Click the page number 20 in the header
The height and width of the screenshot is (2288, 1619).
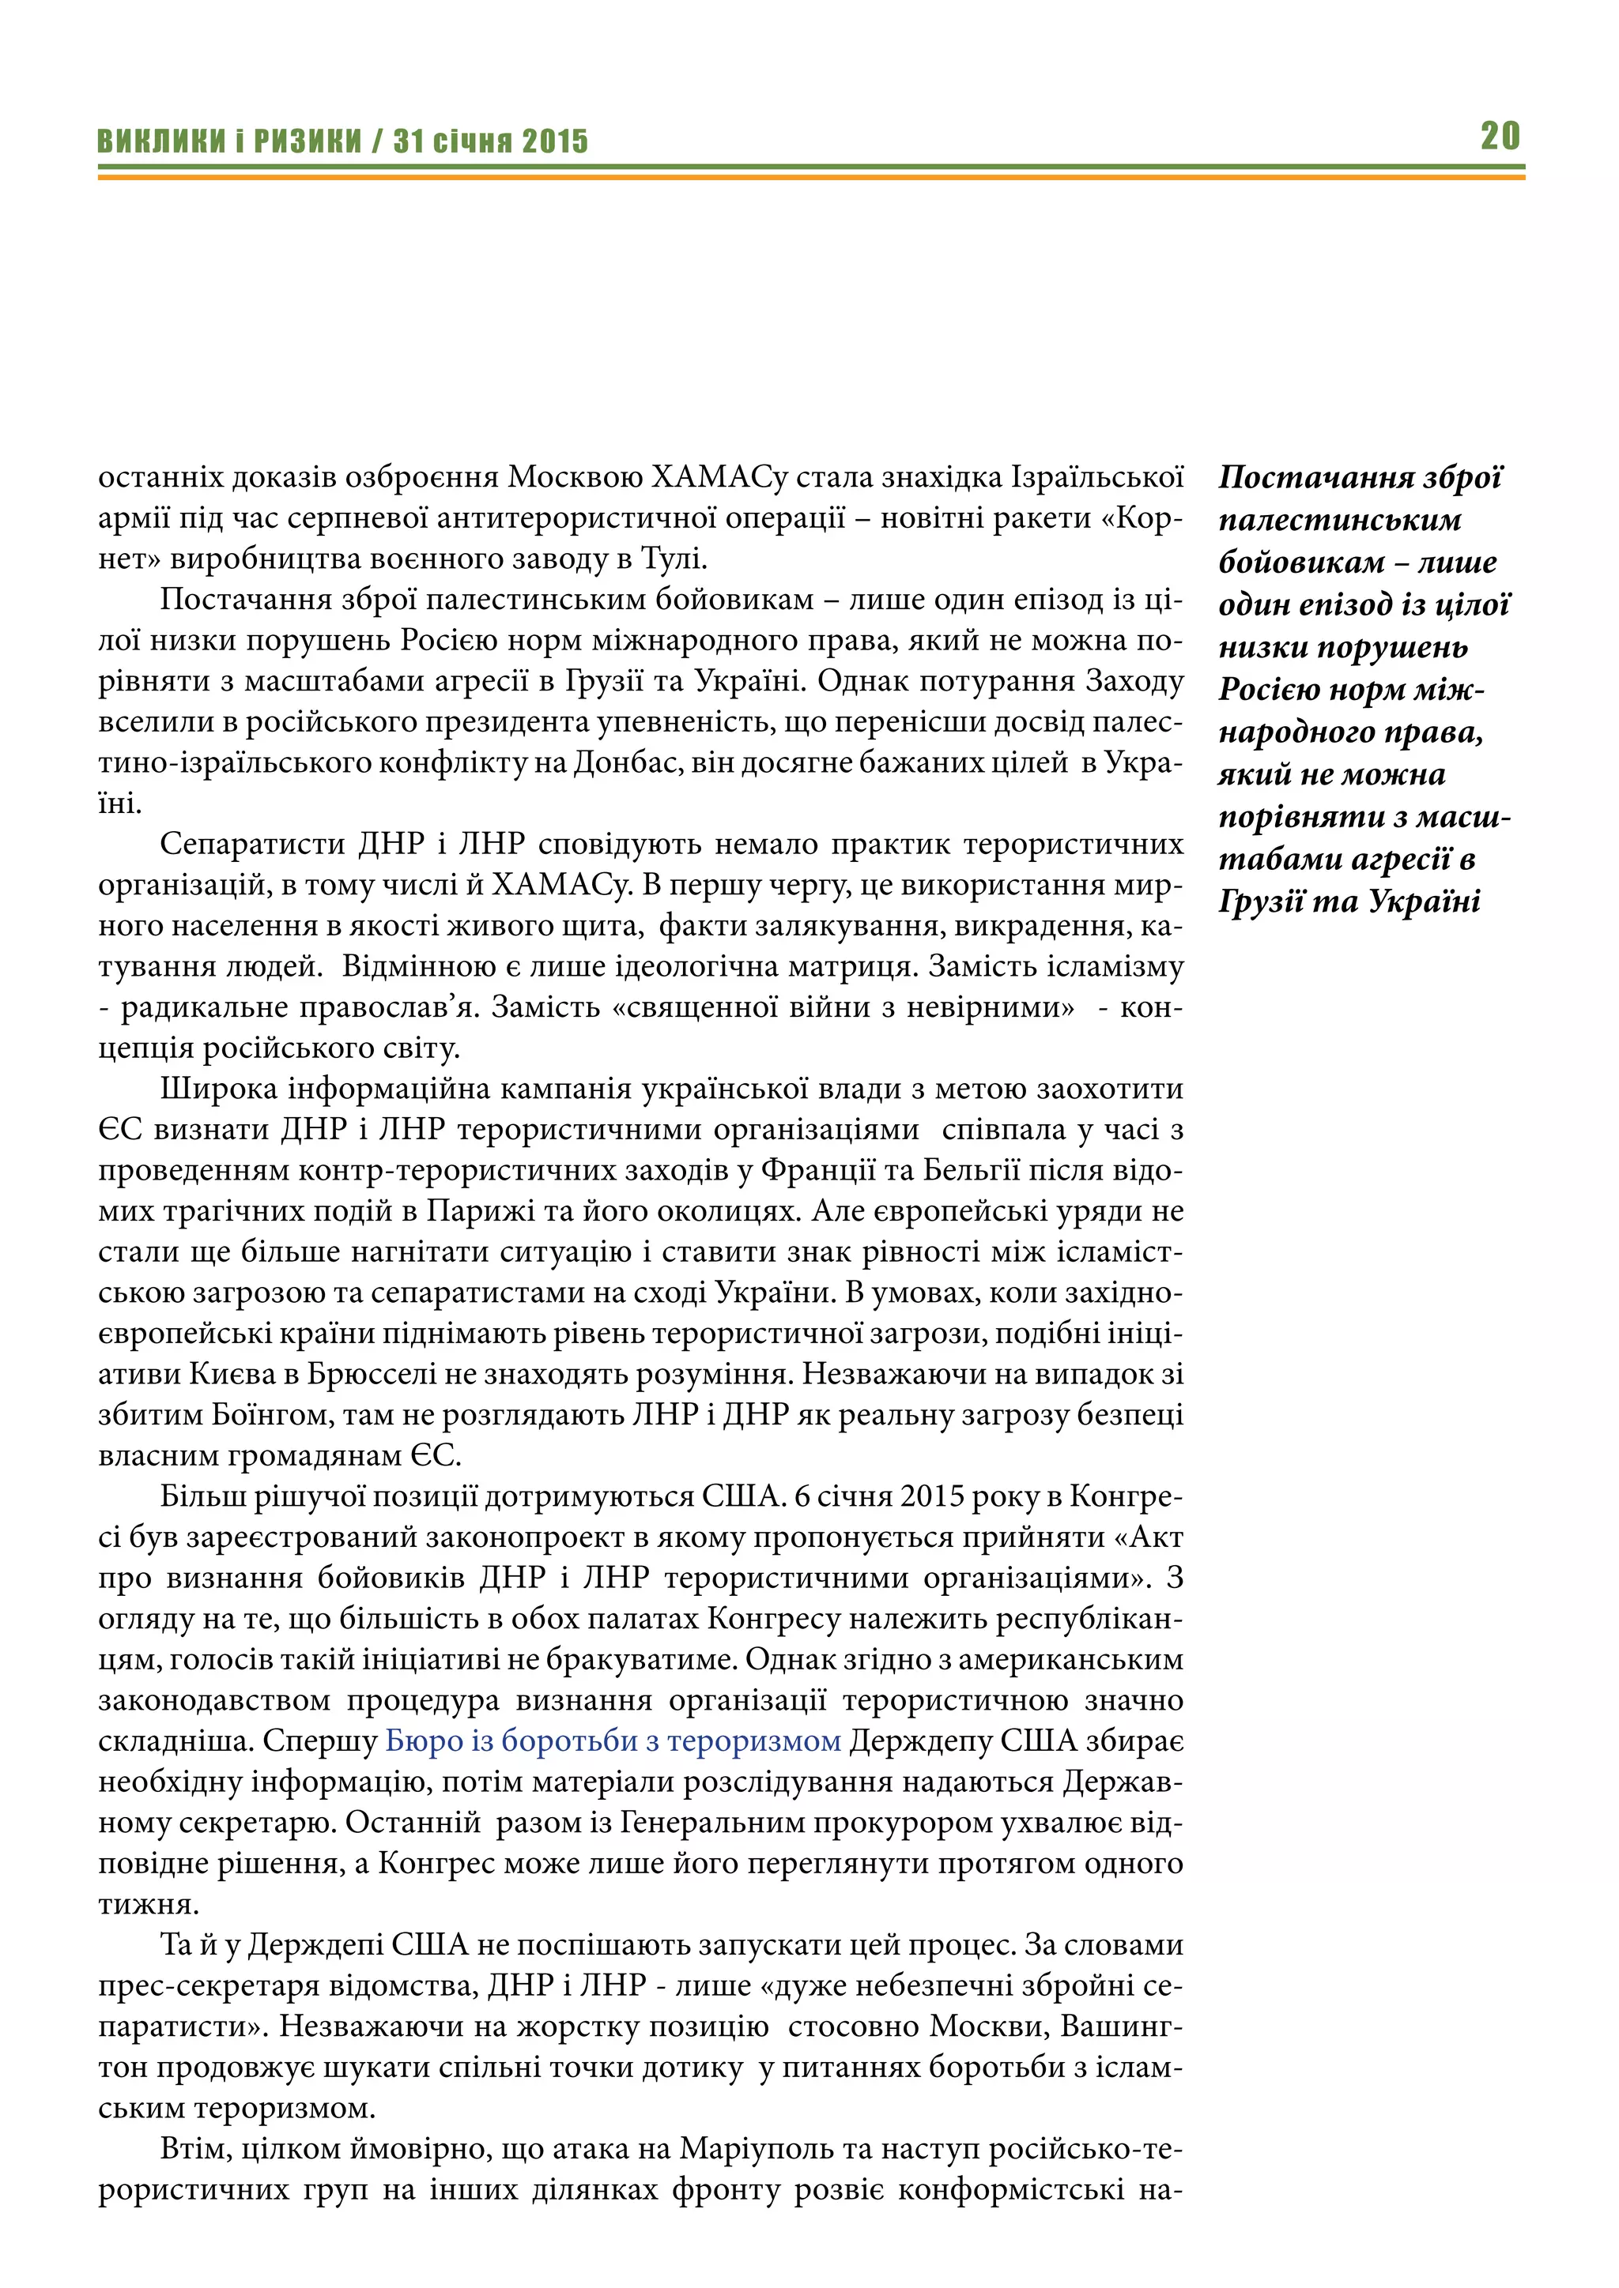[1500, 136]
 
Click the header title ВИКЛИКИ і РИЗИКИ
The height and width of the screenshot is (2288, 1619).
[229, 141]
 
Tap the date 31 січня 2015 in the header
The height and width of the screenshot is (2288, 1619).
[490, 141]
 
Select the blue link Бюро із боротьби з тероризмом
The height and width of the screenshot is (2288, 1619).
[613, 1740]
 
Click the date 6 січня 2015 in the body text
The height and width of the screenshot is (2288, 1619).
[879, 1497]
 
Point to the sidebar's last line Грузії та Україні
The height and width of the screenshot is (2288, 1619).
[1349, 901]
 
